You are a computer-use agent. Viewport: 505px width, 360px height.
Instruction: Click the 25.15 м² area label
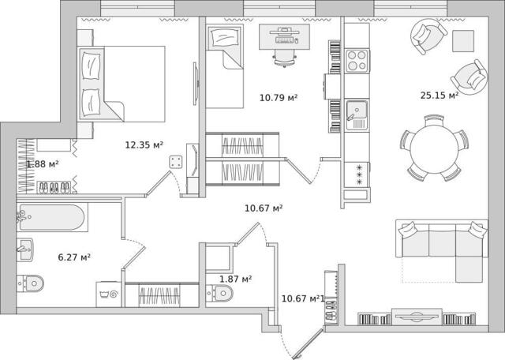[440, 96]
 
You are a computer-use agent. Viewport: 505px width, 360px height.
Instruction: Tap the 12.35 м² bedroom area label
[144, 145]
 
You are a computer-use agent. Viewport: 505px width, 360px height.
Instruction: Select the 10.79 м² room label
[279, 97]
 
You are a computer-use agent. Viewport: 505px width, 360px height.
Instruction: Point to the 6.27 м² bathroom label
[74, 257]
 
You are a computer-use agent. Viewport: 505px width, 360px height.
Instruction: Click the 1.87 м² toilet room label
[235, 279]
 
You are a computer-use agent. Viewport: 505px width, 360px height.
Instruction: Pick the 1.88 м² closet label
[43, 164]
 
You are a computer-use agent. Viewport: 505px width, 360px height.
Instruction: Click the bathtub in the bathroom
[52, 217]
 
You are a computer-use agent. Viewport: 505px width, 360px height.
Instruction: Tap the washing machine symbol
[109, 294]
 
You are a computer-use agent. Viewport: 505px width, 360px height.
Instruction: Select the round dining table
[434, 149]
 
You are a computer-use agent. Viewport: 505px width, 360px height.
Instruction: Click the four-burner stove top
[357, 61]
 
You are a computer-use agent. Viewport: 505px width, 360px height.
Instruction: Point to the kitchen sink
[357, 115]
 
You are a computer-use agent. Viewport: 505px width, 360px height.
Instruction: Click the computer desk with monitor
[284, 37]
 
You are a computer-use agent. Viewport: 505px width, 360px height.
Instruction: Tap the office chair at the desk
[285, 58]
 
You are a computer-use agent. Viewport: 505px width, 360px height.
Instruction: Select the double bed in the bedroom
[122, 84]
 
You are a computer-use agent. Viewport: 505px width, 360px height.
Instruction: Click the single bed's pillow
[224, 38]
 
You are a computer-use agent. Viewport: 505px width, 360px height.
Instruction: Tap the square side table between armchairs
[463, 41]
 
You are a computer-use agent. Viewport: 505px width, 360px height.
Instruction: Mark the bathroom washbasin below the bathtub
[24, 249]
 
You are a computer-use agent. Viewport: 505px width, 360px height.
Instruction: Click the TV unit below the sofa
[417, 317]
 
